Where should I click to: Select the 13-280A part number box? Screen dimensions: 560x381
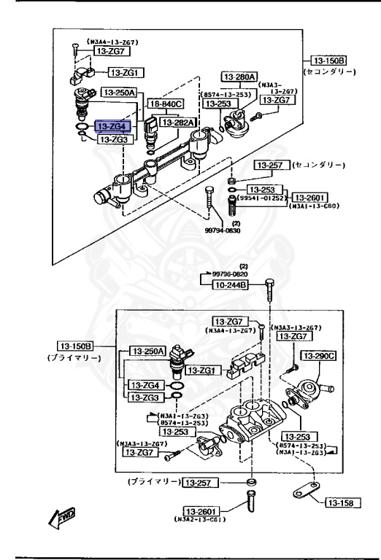tap(240, 76)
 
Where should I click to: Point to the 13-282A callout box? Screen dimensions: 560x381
tap(179, 122)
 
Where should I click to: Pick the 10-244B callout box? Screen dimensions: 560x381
tap(230, 285)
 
